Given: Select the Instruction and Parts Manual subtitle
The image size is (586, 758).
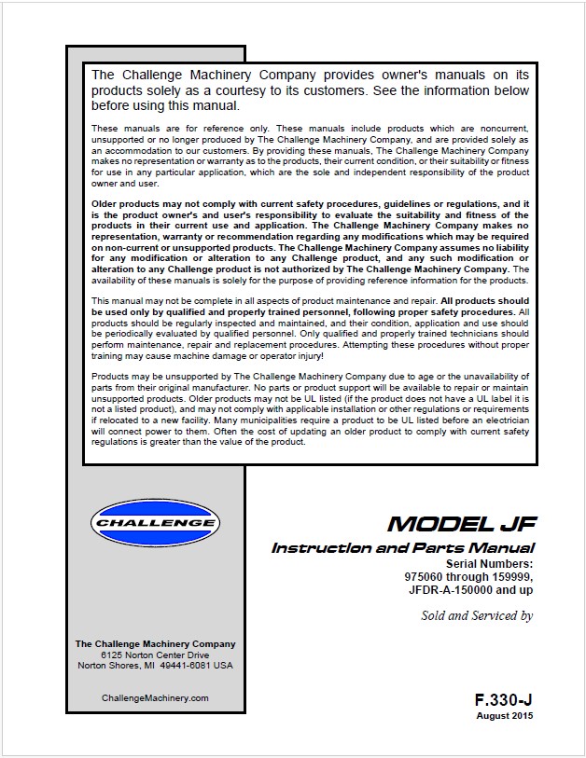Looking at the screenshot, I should (x=403, y=548).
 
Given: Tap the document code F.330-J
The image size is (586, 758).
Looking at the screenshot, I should (x=504, y=699).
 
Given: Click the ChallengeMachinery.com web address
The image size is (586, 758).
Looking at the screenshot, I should (x=155, y=697).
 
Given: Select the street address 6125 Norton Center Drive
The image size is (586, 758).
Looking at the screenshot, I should (x=155, y=655).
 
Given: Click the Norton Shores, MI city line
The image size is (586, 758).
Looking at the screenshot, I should (x=155, y=666).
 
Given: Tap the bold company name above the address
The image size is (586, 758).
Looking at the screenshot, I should (x=155, y=643).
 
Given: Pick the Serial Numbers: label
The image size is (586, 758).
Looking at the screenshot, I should (x=490, y=564).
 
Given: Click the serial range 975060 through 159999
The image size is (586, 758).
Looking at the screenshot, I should (x=463, y=577).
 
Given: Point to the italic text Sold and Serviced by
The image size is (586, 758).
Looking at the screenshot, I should (x=477, y=615).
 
